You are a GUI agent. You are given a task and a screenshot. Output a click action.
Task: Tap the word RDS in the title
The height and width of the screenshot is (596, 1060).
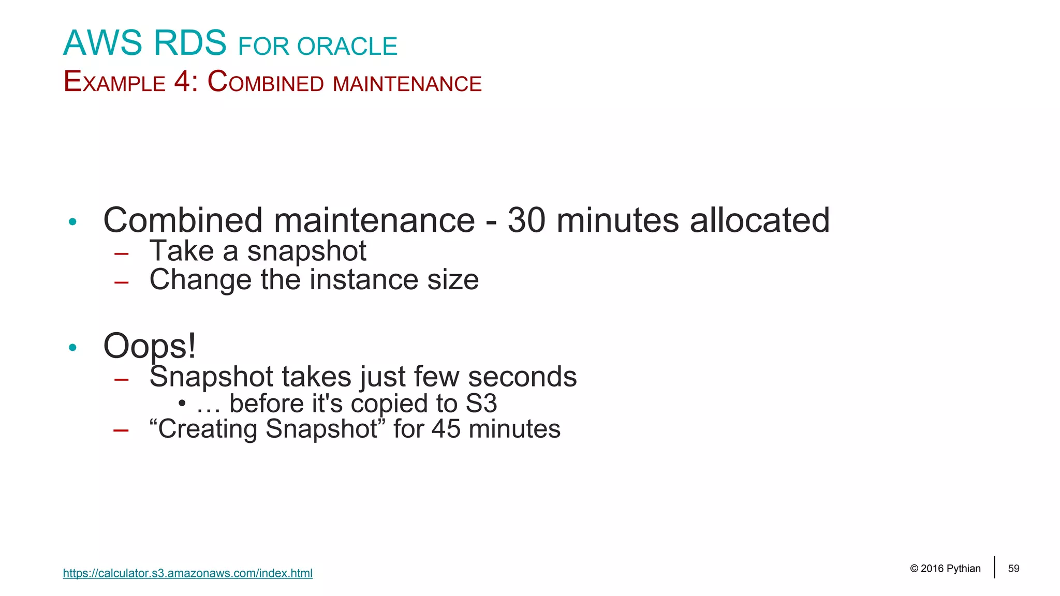tap(190, 43)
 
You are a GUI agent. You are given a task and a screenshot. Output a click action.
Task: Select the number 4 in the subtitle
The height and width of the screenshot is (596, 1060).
tap(182, 82)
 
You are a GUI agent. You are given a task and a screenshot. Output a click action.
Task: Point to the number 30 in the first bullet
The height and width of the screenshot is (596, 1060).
tap(526, 220)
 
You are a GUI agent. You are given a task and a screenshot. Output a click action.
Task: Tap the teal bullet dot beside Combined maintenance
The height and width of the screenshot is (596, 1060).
tap(72, 222)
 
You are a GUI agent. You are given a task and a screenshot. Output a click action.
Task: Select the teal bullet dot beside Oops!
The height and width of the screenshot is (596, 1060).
tap(72, 347)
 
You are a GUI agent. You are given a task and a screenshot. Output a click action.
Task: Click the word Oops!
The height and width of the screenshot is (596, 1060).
tap(150, 346)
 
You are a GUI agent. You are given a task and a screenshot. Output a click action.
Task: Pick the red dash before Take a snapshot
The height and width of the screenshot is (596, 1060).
tap(122, 254)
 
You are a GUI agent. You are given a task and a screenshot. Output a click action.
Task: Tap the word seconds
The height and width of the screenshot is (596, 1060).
tap(522, 377)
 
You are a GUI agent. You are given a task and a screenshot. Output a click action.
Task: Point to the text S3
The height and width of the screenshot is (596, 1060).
tap(481, 404)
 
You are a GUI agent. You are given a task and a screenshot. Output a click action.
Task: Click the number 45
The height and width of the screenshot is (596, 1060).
tap(446, 429)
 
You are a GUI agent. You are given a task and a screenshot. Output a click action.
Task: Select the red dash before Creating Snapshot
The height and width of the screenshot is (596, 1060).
tap(121, 430)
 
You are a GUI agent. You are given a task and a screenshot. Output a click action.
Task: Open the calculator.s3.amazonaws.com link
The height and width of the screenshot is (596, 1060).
tap(187, 573)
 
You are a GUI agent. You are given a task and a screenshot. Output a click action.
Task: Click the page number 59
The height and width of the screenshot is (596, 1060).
tap(1013, 569)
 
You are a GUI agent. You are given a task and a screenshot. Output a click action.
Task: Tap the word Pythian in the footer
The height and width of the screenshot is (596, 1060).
tap(963, 569)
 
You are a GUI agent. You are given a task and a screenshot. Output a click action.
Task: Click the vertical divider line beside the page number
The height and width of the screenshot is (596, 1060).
tap(994, 567)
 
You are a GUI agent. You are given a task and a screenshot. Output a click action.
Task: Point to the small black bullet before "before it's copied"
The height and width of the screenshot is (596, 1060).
tap(182, 403)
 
